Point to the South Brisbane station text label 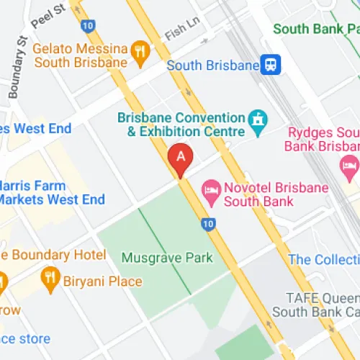tap(212, 66)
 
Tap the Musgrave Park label tap(167, 257)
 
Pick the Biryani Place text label tap(103, 282)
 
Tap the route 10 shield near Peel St tap(88, 25)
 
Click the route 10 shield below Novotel tap(207, 224)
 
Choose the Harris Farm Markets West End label tap(52, 192)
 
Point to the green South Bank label tap(315, 30)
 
